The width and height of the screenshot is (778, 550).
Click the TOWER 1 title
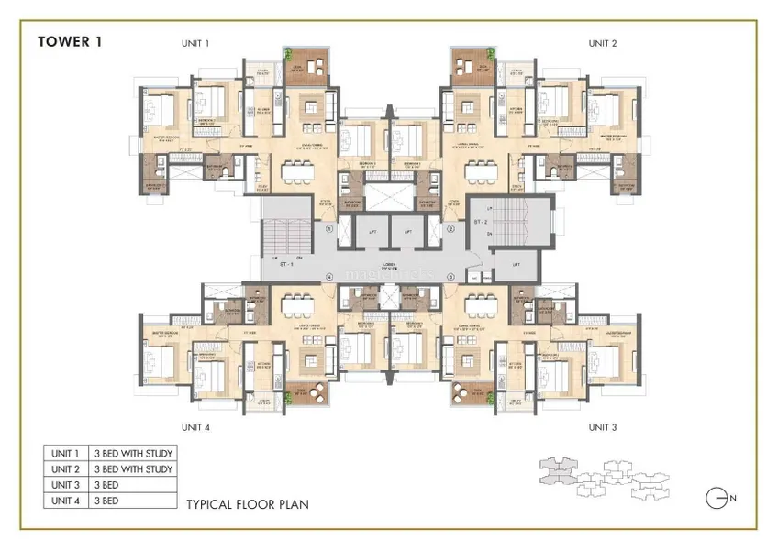click(x=70, y=40)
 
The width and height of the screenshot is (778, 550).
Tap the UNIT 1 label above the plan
click(x=194, y=43)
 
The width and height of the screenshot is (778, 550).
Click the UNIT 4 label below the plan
click(x=194, y=427)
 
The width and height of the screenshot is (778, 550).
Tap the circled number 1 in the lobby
click(x=329, y=229)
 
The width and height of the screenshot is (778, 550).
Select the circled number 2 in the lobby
click(x=450, y=229)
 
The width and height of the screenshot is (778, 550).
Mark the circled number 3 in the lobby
click(x=450, y=276)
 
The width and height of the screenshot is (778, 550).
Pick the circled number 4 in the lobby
click(x=329, y=276)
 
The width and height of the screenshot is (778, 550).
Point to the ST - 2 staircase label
click(x=480, y=222)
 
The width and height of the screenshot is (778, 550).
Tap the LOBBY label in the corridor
click(x=390, y=266)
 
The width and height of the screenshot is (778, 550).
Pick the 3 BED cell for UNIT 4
click(x=134, y=500)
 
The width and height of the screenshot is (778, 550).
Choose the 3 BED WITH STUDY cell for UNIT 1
click(x=134, y=454)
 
